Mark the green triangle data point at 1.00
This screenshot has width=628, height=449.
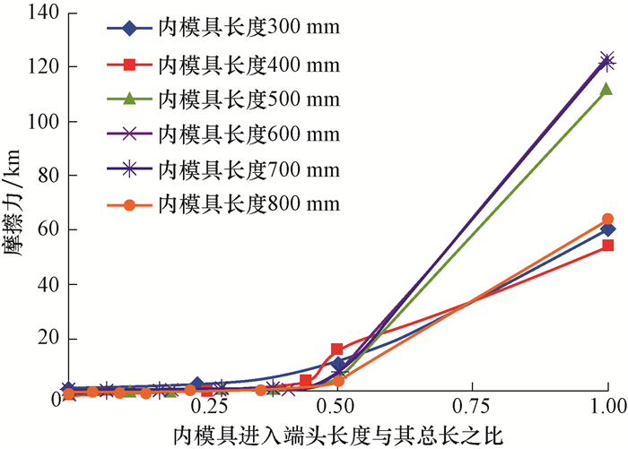[606, 89]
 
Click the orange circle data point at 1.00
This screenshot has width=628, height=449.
[607, 219]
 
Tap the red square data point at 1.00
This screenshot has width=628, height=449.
[607, 246]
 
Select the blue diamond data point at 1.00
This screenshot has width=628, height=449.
[607, 229]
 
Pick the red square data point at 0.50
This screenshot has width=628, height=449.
[336, 349]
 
